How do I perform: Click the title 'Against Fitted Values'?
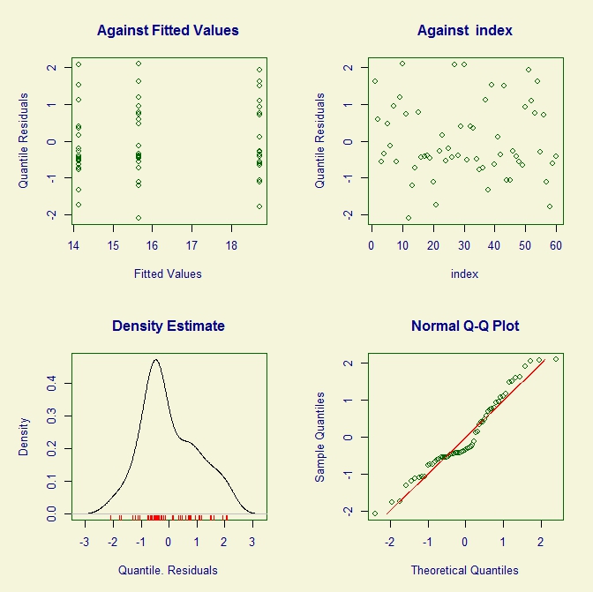pos(168,31)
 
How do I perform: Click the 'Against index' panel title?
pos(464,31)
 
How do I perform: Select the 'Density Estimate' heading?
pos(168,326)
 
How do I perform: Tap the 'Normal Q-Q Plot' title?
pos(464,326)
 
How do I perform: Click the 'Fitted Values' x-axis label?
pos(168,274)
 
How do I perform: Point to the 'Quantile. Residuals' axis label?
pos(168,570)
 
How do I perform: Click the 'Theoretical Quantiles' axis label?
pos(464,570)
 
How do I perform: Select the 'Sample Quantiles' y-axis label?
pos(321,437)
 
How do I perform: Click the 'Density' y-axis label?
pos(25,436)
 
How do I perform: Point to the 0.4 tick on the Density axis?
pos(51,382)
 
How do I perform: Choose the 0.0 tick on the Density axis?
pos(51,513)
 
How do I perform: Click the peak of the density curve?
pos(156,359)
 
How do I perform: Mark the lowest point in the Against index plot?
pos(409,217)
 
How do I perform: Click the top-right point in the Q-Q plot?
pos(556,359)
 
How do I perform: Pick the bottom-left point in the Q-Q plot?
pos(374,513)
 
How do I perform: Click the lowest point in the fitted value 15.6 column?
pos(139,217)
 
